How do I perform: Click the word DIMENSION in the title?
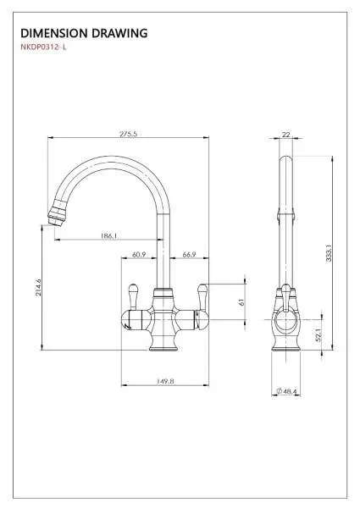point(54,33)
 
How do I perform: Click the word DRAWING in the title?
point(119,33)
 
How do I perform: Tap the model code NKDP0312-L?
point(43,47)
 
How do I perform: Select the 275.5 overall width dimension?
point(128,134)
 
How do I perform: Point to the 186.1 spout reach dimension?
point(108,236)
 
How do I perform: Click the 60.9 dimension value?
point(139,255)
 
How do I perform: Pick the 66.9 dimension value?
point(189,255)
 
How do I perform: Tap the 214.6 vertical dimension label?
point(39,287)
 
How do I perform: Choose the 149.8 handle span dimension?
point(165,381)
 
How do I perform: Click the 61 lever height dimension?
point(241,302)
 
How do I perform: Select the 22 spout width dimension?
point(285,135)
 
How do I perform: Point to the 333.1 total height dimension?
point(329,253)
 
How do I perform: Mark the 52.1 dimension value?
point(318,335)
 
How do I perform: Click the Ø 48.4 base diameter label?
point(286,391)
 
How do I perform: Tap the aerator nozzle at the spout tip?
point(57,213)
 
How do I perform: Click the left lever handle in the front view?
point(133,296)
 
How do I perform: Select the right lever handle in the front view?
point(202,296)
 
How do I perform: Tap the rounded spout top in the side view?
point(285,159)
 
